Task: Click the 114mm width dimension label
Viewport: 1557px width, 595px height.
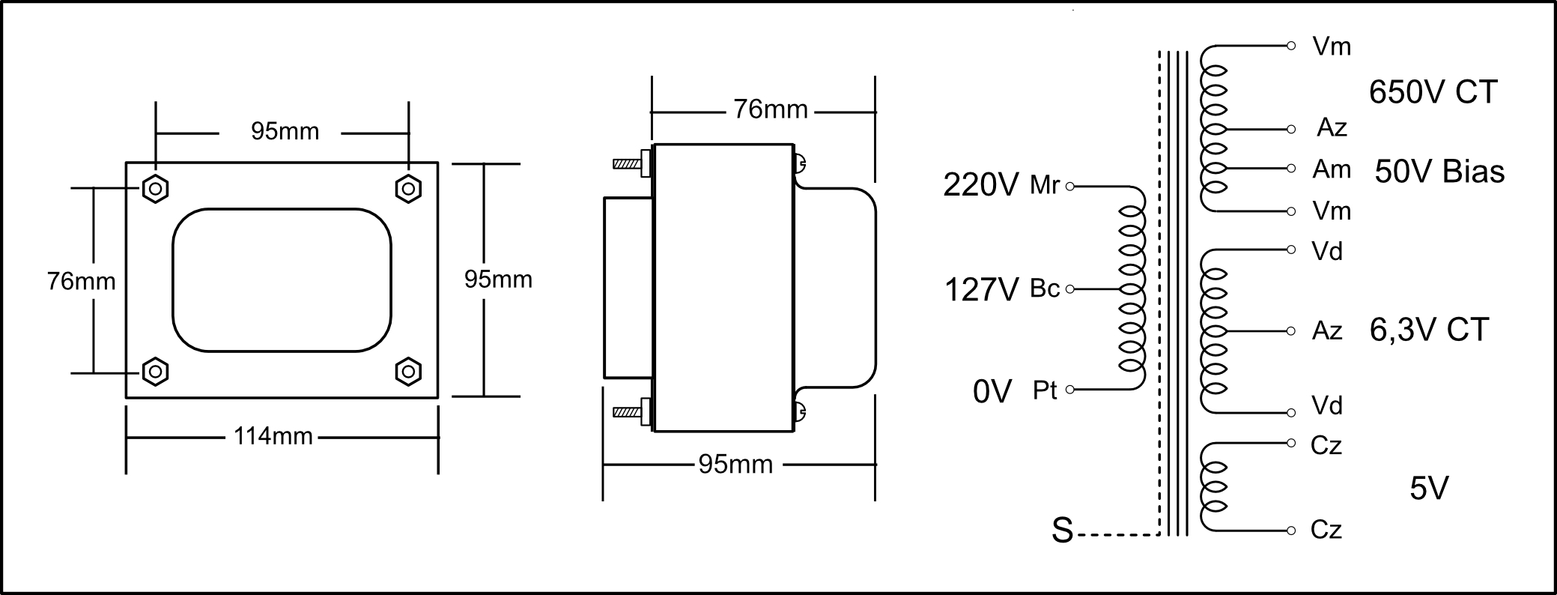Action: click(x=273, y=435)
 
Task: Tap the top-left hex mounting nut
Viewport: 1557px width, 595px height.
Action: click(x=155, y=188)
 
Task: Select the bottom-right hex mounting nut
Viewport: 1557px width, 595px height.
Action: click(x=408, y=372)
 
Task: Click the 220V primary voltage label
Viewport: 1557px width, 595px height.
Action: click(x=981, y=185)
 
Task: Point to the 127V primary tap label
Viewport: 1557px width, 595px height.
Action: click(x=982, y=289)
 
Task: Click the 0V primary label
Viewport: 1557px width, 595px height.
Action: click(x=992, y=391)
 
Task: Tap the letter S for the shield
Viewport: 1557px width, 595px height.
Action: click(x=1062, y=530)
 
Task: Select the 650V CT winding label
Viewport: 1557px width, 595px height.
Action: click(x=1433, y=92)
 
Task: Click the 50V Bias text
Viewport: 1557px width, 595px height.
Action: click(x=1439, y=172)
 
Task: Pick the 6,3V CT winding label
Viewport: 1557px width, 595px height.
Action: click(x=1429, y=330)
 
